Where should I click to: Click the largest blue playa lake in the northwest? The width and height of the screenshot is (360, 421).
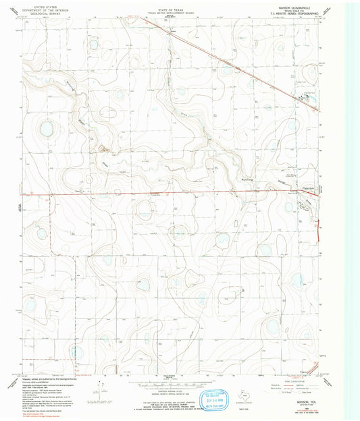coord(47,126)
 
